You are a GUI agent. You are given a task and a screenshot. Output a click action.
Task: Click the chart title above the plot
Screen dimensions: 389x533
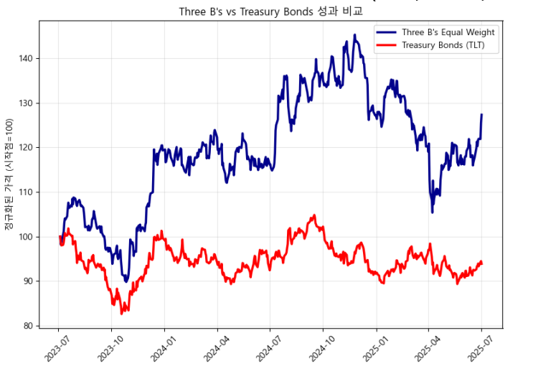(x=270, y=11)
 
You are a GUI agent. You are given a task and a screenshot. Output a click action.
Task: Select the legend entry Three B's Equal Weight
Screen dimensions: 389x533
(x=448, y=32)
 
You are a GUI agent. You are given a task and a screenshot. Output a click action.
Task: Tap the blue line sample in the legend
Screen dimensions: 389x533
(x=387, y=32)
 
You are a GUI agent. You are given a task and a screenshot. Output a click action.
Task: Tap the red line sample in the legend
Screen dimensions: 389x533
(x=387, y=45)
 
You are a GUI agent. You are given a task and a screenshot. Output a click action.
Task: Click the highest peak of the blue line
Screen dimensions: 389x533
(x=354, y=34)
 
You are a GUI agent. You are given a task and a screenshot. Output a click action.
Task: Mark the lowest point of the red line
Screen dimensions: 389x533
(x=122, y=314)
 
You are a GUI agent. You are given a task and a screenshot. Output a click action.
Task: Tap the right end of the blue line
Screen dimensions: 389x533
(x=481, y=115)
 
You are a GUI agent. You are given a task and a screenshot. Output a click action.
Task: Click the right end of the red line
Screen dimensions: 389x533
(x=481, y=263)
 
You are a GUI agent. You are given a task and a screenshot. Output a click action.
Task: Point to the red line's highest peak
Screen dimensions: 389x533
(x=314, y=215)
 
